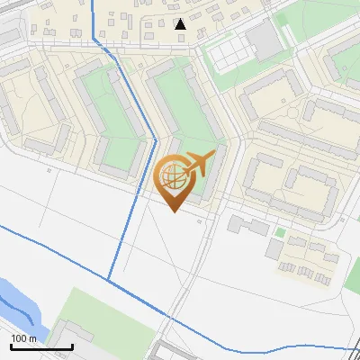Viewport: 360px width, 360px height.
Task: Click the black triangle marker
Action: pyautogui.click(x=181, y=24)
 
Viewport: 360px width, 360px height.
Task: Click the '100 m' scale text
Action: pyautogui.click(x=24, y=337)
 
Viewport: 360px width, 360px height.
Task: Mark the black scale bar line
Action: pyautogui.click(x=41, y=346)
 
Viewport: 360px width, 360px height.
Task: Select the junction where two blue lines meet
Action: pyautogui.click(x=109, y=280)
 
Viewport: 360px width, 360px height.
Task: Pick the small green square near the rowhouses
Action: pyautogui.click(x=280, y=233)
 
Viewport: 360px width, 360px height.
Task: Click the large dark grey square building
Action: pyautogui.click(x=263, y=39)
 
